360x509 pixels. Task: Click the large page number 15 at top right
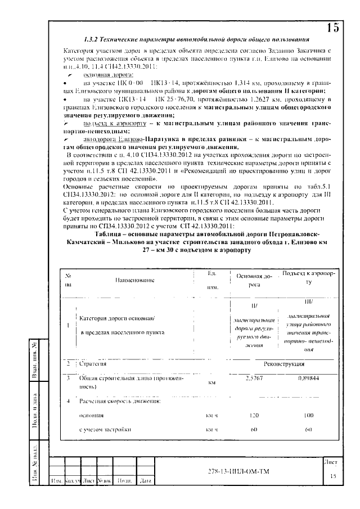(332, 27)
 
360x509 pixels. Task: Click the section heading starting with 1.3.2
(195, 40)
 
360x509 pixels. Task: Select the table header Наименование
(134, 280)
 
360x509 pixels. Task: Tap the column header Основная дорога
(254, 280)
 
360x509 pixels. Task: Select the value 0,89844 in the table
(308, 379)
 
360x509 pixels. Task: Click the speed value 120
(255, 415)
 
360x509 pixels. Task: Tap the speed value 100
(308, 415)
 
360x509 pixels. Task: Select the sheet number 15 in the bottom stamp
(332, 476)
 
